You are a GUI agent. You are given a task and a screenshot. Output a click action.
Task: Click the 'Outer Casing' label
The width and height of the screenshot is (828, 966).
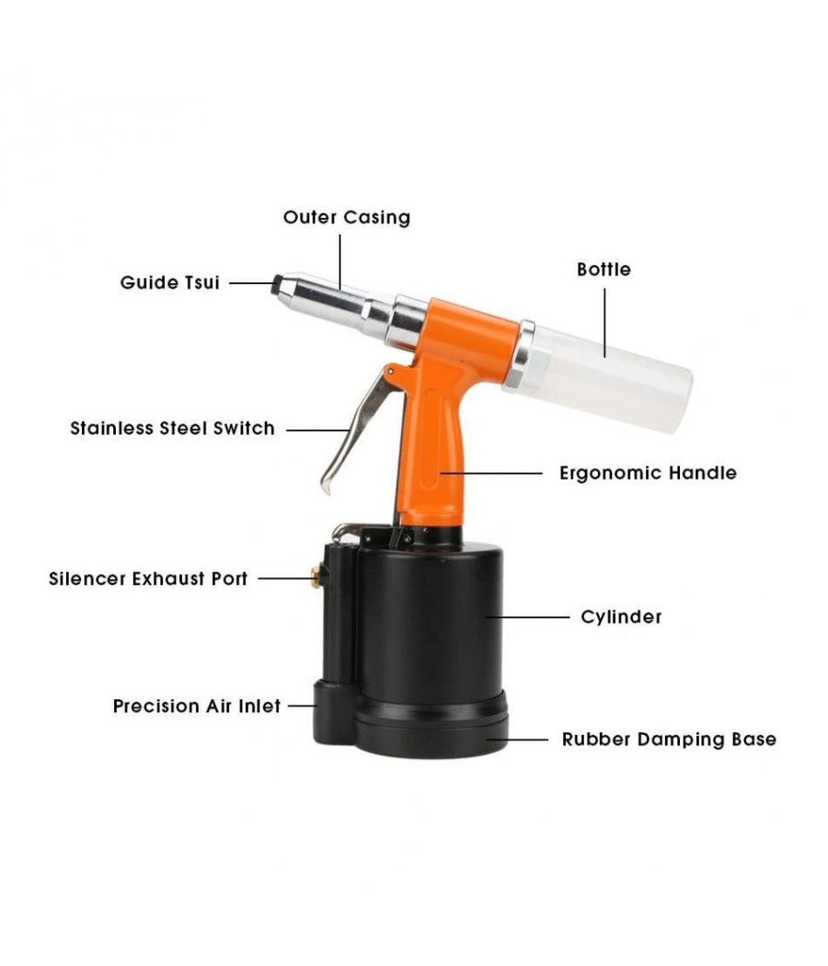tap(346, 217)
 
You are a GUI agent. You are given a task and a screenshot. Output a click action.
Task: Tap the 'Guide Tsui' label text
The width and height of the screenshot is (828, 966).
tap(169, 282)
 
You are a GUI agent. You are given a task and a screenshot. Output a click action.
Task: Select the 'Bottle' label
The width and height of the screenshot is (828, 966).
tap(604, 270)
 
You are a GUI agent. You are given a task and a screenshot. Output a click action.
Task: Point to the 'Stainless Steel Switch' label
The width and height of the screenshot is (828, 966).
tap(173, 428)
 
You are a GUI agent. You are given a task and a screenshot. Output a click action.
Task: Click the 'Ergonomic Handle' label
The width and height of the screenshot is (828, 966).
tap(648, 473)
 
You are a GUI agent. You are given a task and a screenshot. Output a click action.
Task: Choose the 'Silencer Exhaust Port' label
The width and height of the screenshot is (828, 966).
tap(148, 579)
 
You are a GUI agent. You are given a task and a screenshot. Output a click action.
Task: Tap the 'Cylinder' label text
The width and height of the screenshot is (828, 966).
tap(621, 616)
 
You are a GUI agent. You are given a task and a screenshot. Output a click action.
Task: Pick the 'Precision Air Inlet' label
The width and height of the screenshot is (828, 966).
tap(197, 706)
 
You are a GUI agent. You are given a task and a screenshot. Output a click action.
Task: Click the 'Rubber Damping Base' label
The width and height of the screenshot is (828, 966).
tap(669, 740)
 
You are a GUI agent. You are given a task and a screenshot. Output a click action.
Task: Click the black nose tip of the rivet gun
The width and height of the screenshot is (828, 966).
tap(277, 284)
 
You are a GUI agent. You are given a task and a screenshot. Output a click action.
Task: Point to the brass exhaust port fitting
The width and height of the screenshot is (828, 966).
tap(316, 578)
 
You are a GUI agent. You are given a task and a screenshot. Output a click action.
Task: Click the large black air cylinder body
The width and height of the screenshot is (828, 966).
tap(431, 622)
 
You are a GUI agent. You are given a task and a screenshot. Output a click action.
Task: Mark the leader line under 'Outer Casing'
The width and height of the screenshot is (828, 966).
tap(339, 262)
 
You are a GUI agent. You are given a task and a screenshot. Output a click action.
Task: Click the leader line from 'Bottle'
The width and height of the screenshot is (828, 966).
tap(604, 322)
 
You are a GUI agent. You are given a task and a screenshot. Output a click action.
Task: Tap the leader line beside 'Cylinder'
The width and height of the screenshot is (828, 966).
tap(527, 616)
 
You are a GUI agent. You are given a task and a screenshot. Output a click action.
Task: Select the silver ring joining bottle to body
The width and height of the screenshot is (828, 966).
tap(519, 355)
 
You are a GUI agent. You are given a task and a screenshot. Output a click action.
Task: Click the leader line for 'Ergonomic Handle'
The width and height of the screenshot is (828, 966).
tap(491, 473)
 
